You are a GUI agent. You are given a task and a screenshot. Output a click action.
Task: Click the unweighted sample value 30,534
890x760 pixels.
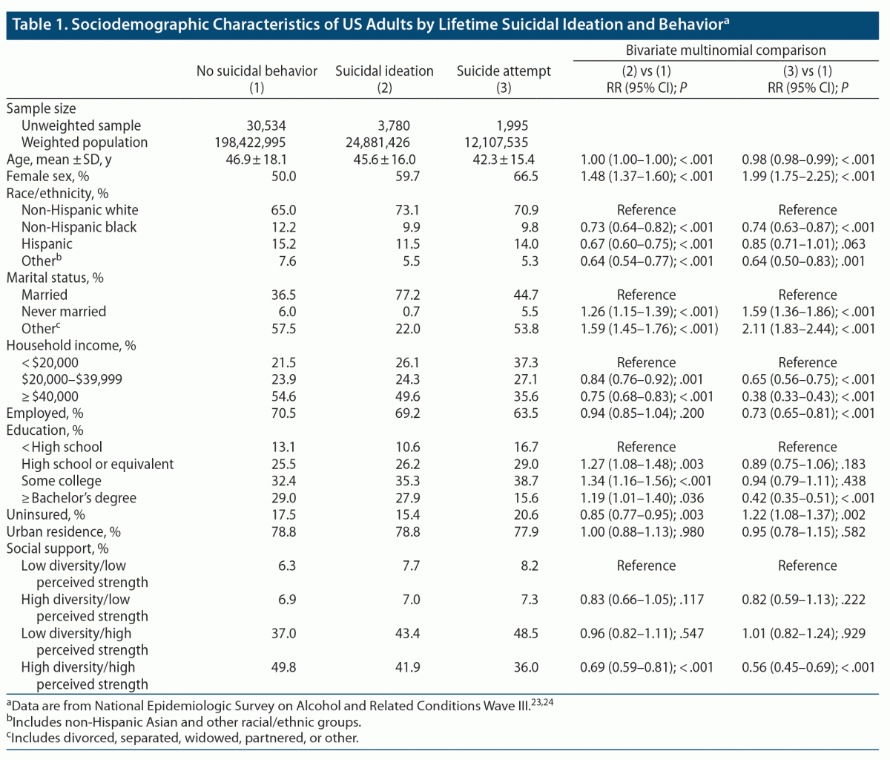pos(266,125)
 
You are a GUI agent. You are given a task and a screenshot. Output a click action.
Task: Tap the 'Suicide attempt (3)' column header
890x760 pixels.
pos(504,79)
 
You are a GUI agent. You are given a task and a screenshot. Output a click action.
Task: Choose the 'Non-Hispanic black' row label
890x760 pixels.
pos(79,227)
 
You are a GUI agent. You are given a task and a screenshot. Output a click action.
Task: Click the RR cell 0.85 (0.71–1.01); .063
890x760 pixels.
pos(808,244)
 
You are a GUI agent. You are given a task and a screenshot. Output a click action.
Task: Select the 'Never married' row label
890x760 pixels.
pos(63,312)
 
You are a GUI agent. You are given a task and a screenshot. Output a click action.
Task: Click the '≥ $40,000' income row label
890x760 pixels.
pos(50,396)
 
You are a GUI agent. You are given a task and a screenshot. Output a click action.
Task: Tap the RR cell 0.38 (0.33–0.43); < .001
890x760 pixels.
pos(808,396)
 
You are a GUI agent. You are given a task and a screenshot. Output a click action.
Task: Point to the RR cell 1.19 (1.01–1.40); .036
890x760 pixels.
pos(642,498)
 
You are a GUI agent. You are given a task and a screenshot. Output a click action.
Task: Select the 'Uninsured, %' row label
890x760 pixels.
pos(45,515)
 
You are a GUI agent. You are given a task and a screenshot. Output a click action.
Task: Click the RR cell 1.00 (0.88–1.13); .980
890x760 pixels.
pos(642,532)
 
